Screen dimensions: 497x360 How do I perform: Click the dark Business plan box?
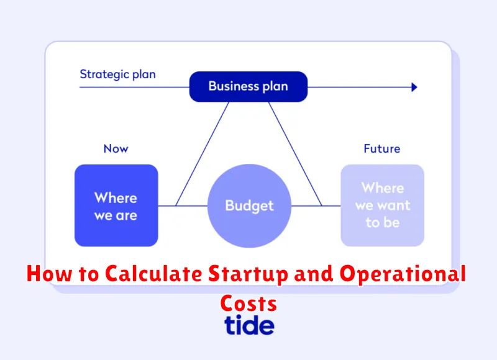[248, 86]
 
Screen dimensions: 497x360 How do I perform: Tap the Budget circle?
[249, 206]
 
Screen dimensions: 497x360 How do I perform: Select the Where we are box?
[116, 205]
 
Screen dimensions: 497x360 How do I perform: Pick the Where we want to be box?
[382, 205]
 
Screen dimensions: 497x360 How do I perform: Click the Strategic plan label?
[117, 74]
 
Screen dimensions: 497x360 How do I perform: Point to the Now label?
[116, 148]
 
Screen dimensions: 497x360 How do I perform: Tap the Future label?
[382, 148]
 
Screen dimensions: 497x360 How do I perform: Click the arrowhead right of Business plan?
[414, 87]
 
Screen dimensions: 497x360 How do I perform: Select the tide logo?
[249, 325]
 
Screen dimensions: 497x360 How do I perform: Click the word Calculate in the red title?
[153, 274]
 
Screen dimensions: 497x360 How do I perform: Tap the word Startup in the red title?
[248, 274]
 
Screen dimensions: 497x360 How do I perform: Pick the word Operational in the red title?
[403, 274]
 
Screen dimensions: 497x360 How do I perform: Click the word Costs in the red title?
[249, 304]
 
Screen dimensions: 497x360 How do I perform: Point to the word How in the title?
[50, 274]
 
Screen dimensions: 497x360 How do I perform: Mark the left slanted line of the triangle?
[203, 154]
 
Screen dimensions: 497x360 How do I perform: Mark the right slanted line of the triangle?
[296, 154]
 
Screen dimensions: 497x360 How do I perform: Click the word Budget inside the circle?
[250, 206]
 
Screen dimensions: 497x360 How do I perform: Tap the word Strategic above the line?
[104, 74]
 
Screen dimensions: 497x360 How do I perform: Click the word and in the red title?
[314, 274]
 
